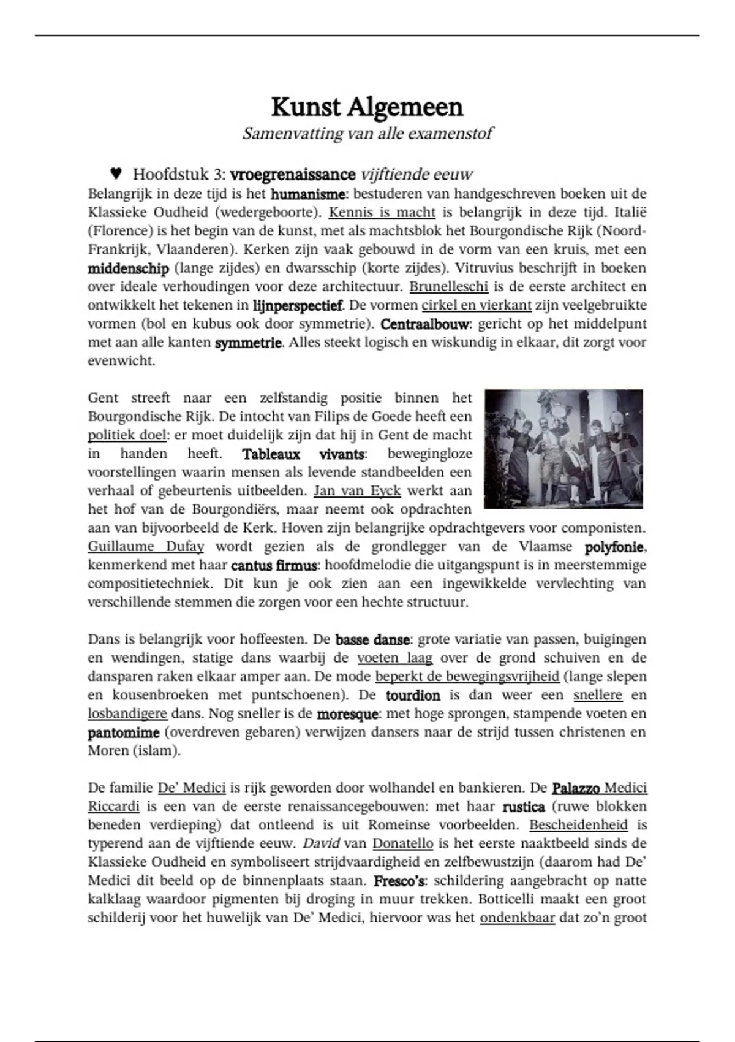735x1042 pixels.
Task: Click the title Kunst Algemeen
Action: (x=367, y=107)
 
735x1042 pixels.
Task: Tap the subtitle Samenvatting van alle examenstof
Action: (x=367, y=134)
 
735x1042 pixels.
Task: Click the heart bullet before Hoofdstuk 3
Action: (x=116, y=173)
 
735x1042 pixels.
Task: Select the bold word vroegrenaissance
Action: (x=293, y=175)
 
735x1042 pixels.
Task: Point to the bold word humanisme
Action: (x=307, y=194)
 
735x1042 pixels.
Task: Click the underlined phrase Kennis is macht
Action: (x=382, y=213)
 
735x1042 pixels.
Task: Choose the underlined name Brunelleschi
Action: (x=448, y=286)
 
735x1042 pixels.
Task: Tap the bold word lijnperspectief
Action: (x=298, y=305)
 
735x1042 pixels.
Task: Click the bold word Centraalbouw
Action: (x=424, y=324)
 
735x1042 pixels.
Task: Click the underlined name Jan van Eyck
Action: (x=357, y=491)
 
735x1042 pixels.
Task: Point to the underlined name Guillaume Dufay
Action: (x=146, y=547)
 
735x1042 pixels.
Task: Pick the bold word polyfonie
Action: (x=615, y=547)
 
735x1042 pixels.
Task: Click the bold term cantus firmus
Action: (x=274, y=565)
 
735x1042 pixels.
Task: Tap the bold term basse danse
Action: (x=372, y=640)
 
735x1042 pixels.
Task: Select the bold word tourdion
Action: (x=413, y=696)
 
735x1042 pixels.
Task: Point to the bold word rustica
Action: (x=523, y=807)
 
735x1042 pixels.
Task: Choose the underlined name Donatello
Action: (x=402, y=844)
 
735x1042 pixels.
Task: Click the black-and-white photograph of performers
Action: (x=563, y=449)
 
